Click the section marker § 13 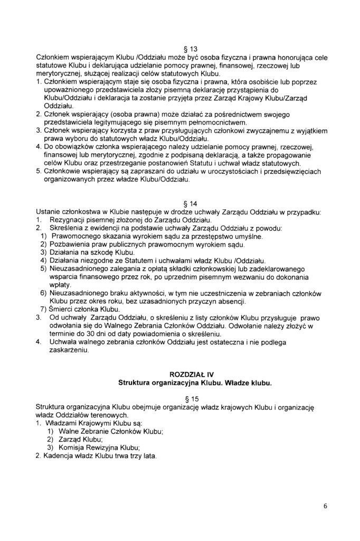(x=179, y=50)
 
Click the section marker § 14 (x=179, y=204)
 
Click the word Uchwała (x=62, y=343)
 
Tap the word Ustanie (x=49, y=212)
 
